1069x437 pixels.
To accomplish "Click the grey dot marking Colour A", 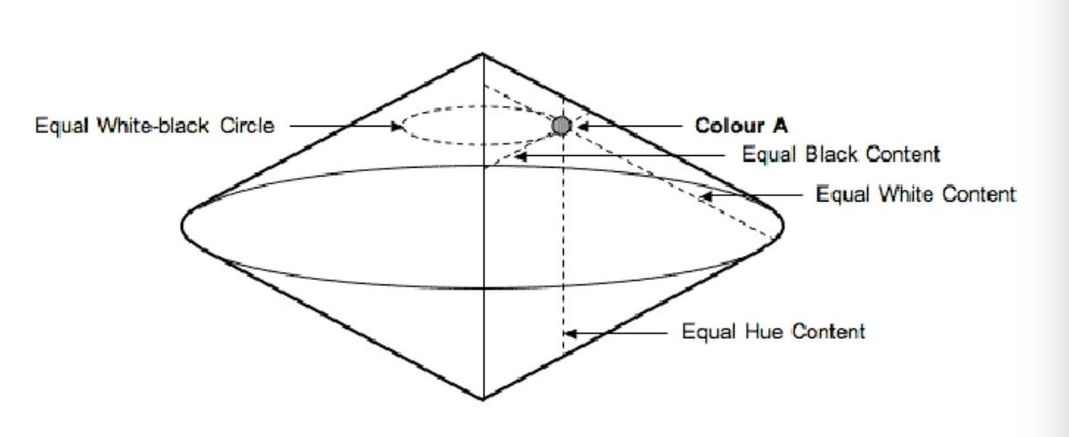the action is pos(561,126).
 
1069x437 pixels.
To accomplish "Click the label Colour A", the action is pos(742,126).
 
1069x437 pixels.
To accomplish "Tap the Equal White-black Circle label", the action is pos(154,126).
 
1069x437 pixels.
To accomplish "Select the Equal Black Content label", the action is pos(841,154).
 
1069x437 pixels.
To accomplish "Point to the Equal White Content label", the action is pos(916,194).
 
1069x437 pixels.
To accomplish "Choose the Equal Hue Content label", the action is pos(774,332).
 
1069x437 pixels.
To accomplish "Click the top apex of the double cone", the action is pos(483,54).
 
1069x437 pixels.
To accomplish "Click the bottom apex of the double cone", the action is pos(484,399).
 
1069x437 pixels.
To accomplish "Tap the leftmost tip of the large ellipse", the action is pos(182,225).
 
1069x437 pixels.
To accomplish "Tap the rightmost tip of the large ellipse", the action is pos(783,225).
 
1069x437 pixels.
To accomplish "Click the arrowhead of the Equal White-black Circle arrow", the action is pos(396,126).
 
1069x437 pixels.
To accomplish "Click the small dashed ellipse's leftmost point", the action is pos(402,126).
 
